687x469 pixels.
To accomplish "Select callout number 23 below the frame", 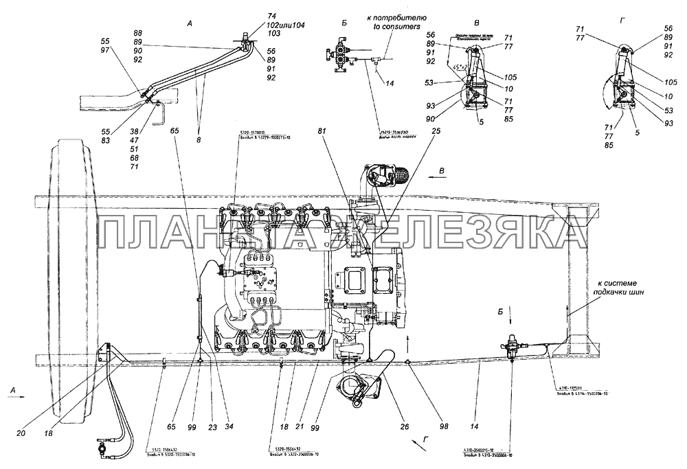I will pos(212,427).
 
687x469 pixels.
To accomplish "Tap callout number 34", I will pos(229,427).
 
